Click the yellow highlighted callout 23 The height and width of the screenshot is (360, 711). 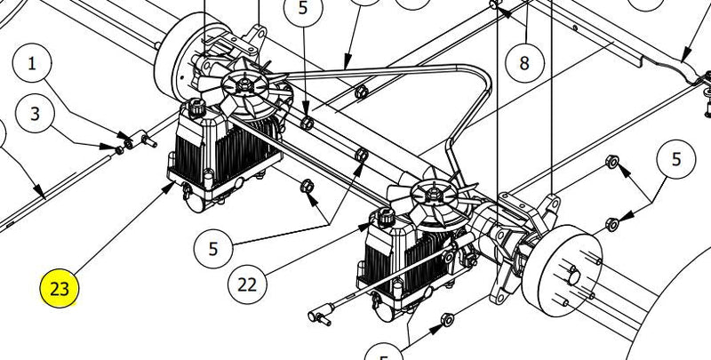tap(60, 289)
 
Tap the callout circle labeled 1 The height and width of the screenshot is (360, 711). tap(35, 64)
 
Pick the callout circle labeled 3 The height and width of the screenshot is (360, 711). tap(35, 114)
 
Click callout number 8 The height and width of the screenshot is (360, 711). tap(523, 63)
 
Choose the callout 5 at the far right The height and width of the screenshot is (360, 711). tap(676, 160)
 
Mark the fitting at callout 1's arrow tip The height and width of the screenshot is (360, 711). tap(142, 140)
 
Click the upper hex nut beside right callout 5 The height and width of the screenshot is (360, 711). tap(611, 163)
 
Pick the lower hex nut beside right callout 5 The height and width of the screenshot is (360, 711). tap(611, 223)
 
